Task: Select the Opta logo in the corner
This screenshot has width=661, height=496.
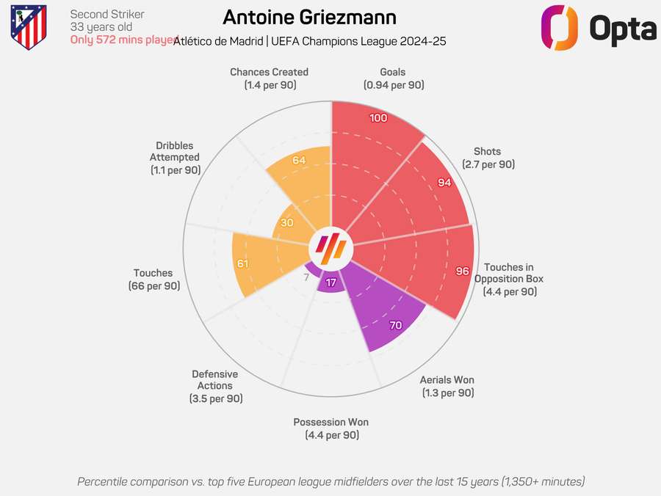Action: coord(598,28)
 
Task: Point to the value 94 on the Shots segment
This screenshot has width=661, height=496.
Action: coord(444,183)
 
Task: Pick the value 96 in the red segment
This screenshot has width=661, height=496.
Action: coord(462,271)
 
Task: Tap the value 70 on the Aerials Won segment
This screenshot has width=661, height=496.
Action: coord(396,325)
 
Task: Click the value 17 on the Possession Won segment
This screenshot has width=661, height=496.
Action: coord(331,282)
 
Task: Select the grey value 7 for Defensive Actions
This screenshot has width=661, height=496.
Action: coord(306,277)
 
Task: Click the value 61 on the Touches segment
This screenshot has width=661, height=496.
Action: coord(242,263)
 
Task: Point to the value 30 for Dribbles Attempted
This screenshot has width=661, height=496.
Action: coord(287,224)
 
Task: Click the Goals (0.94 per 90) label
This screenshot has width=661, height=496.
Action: coord(393,79)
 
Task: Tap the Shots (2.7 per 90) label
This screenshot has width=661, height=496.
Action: coord(488,157)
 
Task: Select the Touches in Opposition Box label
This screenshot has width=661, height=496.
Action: coord(509,279)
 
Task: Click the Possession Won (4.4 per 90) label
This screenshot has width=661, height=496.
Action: coord(331,428)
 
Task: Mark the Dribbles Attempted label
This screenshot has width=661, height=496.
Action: coord(175,158)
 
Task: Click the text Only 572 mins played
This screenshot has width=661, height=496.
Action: coord(124,40)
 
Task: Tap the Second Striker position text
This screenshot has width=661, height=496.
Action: coord(107,15)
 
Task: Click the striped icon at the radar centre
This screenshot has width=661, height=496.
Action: coord(330,248)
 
